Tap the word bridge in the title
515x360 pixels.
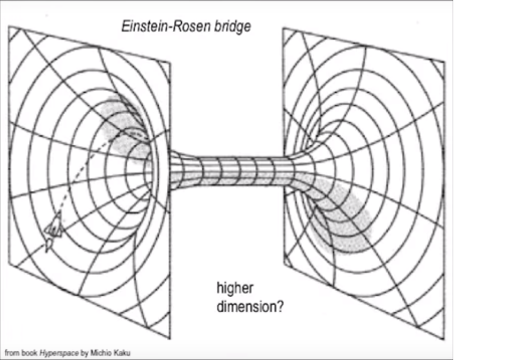pos(232,27)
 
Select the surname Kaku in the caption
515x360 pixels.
pos(121,353)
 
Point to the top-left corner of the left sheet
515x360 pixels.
pos(9,26)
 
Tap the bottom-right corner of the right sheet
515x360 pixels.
pos(444,339)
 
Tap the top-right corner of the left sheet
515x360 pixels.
pos(170,62)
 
